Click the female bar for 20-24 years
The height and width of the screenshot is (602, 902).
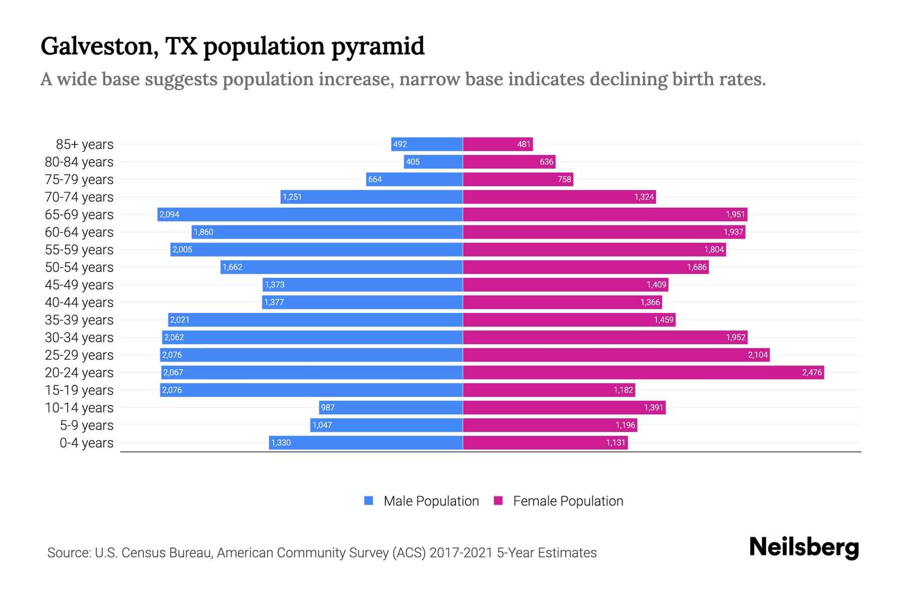coord(643,372)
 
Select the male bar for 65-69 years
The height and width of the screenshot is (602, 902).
coord(310,214)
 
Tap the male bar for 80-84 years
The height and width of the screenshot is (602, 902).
coord(433,162)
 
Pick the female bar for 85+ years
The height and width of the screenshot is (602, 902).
coord(498,144)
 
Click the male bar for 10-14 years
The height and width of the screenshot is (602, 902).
coord(391,407)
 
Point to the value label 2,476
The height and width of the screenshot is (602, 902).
coord(812,372)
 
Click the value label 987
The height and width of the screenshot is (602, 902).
coord(328,407)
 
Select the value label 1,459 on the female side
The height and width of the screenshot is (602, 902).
coord(663,320)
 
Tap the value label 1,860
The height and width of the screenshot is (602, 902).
coord(203,232)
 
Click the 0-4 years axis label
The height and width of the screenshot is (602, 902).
coord(86,443)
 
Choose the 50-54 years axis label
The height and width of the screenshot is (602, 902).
coord(79,267)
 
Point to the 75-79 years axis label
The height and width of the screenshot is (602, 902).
coord(79,180)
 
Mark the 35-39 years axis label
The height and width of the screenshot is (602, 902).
coord(79,320)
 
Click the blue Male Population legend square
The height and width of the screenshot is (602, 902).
coord(369,501)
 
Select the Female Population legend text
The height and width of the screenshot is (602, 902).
coord(568,501)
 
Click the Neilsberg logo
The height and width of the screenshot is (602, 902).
coord(804,547)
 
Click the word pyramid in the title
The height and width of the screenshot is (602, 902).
coord(378,46)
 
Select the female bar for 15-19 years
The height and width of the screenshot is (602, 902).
coord(549,390)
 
